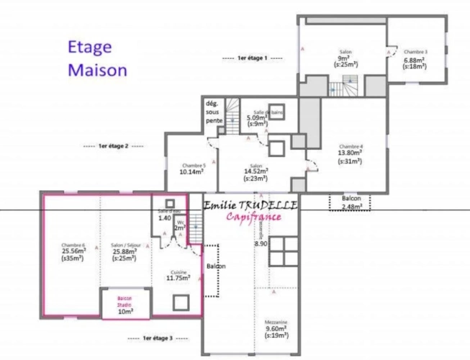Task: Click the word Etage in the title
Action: [90, 48]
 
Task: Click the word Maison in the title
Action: [98, 70]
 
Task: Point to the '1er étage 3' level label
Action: [158, 337]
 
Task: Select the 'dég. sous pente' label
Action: [214, 112]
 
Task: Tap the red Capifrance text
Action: [253, 218]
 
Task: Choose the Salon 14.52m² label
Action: [256, 171]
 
